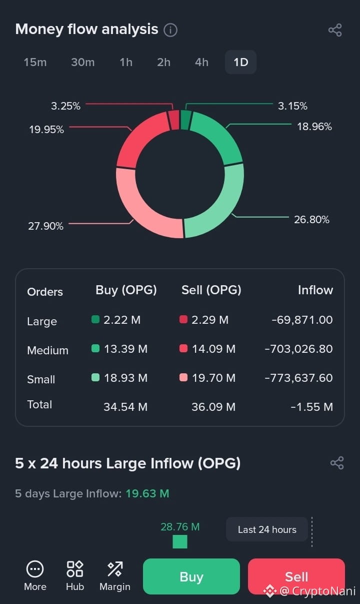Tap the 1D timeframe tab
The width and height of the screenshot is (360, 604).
pos(240,62)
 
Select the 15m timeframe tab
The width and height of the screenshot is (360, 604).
pos(35,62)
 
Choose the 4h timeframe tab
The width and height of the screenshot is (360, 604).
pos(201,62)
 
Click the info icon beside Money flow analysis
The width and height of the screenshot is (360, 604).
pos(170,30)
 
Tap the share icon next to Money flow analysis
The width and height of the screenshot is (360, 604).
pos(335,30)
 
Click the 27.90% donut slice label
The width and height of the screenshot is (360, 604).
pos(46,226)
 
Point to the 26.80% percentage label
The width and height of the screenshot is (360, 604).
pos(311,220)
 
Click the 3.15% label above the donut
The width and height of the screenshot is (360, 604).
pos(292,106)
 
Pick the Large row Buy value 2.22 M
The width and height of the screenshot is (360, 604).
pos(122,320)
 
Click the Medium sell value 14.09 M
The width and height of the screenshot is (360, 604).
pos(213,349)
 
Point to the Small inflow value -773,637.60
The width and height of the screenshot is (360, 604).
pos(298,377)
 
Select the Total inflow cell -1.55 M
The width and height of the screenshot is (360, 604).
pos(312,407)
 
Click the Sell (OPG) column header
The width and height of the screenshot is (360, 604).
pos(211,290)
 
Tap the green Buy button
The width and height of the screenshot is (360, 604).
pos(191,576)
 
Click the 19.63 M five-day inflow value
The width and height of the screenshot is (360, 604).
pos(147,493)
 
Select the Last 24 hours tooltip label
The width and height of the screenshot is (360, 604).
pos(267,529)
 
